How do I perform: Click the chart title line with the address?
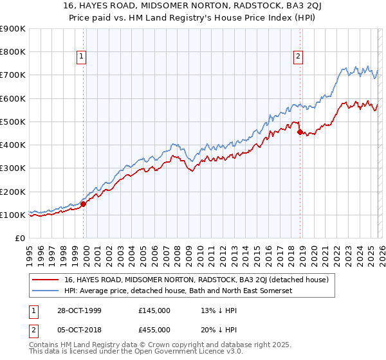point(192,7)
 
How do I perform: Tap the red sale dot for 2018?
point(300,132)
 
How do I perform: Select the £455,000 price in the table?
point(154,329)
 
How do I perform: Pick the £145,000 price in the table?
point(154,311)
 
